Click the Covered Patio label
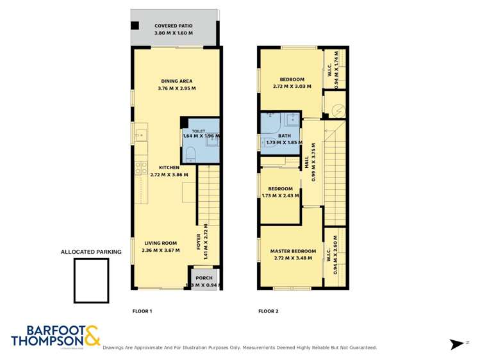173,26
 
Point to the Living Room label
160,243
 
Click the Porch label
204,278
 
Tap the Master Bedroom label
293,251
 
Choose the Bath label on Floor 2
284,136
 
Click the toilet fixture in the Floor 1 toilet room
190,154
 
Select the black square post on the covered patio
135,26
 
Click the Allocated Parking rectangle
90,281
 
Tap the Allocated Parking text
91,252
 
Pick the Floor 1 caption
142,311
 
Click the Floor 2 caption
268,311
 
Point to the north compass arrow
457,344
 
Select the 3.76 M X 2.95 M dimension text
176,88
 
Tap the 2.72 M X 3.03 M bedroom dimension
292,86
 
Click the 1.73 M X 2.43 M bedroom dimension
280,195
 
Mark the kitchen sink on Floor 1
140,135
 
